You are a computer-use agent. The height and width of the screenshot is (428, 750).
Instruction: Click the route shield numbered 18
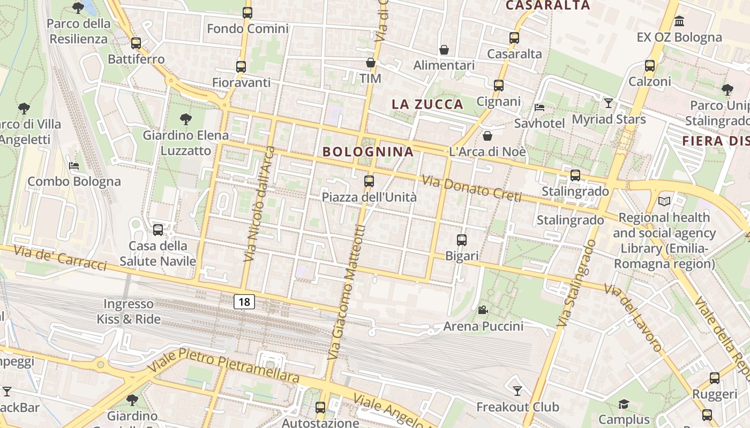coord(244,302)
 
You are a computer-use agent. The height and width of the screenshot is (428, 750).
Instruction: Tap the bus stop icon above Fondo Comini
coord(247,13)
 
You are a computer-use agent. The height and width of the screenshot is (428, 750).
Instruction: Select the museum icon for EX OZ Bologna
coord(679,21)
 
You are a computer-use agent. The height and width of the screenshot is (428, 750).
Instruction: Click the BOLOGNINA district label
coord(368,151)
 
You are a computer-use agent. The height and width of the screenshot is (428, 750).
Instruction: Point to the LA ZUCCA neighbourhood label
coord(427,104)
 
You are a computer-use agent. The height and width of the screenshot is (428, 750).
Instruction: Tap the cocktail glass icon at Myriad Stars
coord(609,103)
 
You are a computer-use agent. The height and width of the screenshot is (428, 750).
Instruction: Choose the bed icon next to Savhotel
coord(539,108)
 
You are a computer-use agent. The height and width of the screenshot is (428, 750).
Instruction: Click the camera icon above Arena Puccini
coord(483,310)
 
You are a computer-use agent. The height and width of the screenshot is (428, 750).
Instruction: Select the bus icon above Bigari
coord(462,240)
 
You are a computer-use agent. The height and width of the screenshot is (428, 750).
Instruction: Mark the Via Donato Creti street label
coord(471,188)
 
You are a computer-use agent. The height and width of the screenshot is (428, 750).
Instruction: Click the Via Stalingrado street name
coord(576,284)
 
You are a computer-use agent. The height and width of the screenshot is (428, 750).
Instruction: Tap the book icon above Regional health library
coord(664,202)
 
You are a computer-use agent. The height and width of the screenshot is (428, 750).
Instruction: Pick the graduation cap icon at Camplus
coord(624,403)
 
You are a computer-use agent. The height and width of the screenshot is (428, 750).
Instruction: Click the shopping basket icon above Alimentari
coord(444,50)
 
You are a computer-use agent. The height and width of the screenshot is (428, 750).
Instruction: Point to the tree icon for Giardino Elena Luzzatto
coord(186,119)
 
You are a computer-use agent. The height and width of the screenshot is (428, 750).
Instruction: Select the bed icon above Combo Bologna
coord(74,165)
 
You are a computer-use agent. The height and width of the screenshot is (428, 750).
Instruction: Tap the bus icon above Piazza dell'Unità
coord(369,181)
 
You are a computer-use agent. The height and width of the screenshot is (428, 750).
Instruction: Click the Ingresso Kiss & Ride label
coord(129,311)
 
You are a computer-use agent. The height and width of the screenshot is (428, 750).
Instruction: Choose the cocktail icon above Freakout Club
coord(517,391)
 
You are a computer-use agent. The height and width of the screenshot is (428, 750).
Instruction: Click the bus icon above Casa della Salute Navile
coord(157,230)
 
